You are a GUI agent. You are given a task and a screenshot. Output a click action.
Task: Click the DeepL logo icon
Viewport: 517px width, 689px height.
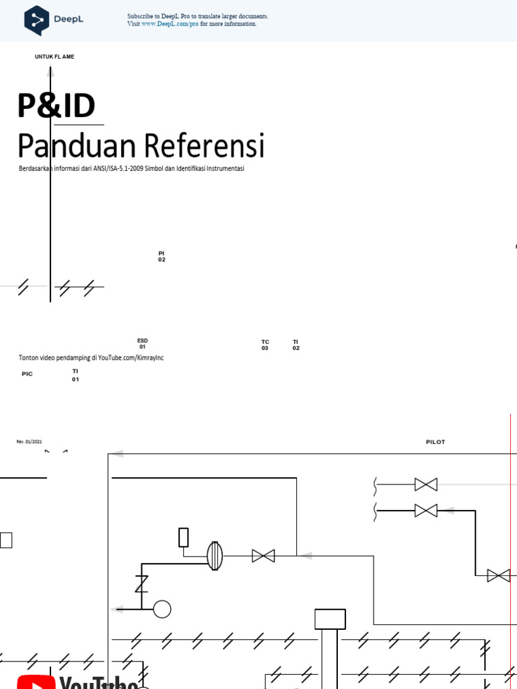pos(36,20)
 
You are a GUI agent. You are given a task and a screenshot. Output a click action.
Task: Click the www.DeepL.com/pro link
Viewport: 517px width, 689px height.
pos(170,24)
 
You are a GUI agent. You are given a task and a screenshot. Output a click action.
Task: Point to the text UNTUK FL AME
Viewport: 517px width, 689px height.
pos(55,57)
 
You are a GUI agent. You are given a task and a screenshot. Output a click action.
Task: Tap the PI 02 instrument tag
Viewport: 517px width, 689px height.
pos(162,256)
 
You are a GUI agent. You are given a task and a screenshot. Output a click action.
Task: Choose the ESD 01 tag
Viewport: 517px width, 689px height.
pos(143,344)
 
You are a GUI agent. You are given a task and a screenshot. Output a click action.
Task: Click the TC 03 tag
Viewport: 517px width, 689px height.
pos(265,345)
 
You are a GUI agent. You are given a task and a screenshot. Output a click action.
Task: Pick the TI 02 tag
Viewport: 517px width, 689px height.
pos(296,345)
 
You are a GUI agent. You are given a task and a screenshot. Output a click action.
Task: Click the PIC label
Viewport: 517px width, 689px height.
pos(27,373)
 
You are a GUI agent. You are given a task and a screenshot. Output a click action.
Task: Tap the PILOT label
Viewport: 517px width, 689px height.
pos(436,442)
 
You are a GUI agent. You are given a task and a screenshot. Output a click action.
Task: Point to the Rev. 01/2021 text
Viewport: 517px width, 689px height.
pos(29,441)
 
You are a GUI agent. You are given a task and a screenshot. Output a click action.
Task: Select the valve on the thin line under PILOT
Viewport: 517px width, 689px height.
pos(425,484)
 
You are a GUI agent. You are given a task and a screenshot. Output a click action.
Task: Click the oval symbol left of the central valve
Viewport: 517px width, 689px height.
pos(214,556)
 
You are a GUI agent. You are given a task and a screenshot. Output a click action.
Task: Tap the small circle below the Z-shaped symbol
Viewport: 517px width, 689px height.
pos(162,609)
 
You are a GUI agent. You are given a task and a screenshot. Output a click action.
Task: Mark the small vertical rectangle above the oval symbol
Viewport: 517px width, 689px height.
pos(183,537)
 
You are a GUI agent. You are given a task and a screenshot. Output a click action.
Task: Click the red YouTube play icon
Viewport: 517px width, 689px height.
pos(36,681)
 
